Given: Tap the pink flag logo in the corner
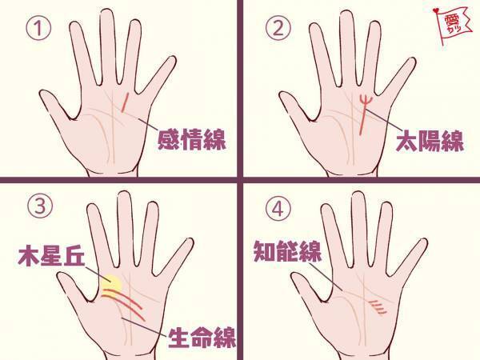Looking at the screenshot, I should (x=457, y=25).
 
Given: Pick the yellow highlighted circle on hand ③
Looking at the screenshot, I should (x=111, y=283).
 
